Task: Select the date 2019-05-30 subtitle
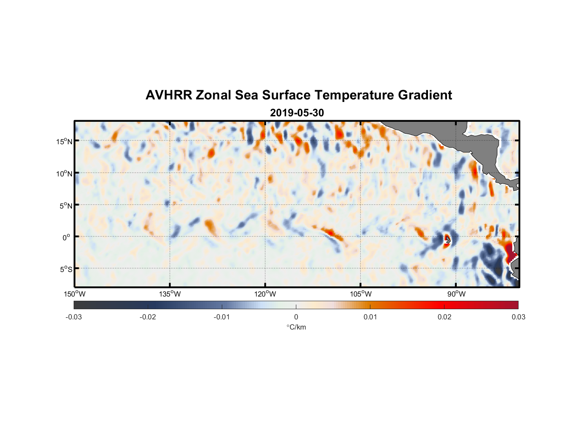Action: (x=297, y=113)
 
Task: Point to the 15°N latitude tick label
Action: (x=64, y=141)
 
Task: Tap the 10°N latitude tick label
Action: (x=64, y=173)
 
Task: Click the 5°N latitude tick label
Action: (x=66, y=206)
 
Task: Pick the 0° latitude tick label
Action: (x=66, y=237)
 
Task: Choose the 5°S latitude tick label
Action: (x=66, y=269)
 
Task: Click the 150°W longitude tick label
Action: (x=75, y=294)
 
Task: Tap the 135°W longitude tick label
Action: (x=170, y=294)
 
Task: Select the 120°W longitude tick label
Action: (x=265, y=294)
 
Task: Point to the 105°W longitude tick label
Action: (x=361, y=294)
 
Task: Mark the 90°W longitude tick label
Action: (x=456, y=294)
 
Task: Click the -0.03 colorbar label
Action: (x=74, y=317)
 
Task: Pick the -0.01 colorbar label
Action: (x=222, y=317)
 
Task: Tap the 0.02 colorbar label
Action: (x=444, y=317)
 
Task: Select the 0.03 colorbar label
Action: (x=518, y=317)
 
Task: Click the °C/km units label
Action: (x=296, y=327)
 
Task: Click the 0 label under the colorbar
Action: (x=296, y=317)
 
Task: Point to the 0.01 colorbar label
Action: (x=370, y=317)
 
